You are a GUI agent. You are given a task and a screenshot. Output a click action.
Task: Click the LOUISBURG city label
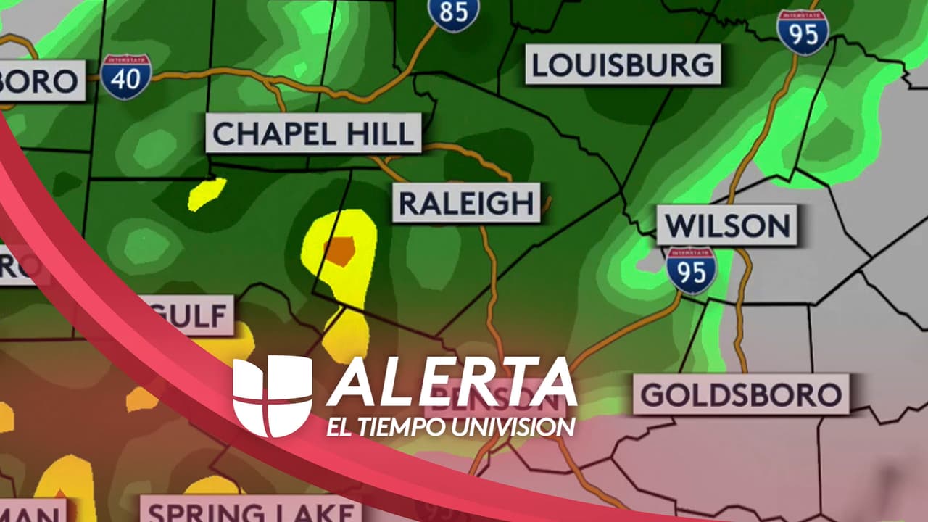coord(623,65)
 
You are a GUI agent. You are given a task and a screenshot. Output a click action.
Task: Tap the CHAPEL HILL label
coord(313,133)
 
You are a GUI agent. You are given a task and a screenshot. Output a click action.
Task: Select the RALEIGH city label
coord(467,203)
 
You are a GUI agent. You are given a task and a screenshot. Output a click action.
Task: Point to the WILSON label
coord(727,225)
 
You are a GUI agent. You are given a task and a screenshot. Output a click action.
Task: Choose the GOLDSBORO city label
coord(741,395)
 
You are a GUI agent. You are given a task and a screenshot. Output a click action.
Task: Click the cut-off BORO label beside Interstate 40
coord(40,81)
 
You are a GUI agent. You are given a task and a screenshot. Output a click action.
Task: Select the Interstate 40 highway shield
coord(126,76)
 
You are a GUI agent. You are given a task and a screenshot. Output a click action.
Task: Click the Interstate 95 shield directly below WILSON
coord(692,270)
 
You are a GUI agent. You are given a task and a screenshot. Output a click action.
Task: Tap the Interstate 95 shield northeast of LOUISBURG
coord(803,32)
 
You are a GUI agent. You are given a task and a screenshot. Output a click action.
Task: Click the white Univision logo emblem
coord(273,396)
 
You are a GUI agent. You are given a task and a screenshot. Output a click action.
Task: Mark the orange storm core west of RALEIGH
coord(339,249)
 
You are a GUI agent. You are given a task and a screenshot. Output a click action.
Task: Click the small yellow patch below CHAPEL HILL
coord(206,194)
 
